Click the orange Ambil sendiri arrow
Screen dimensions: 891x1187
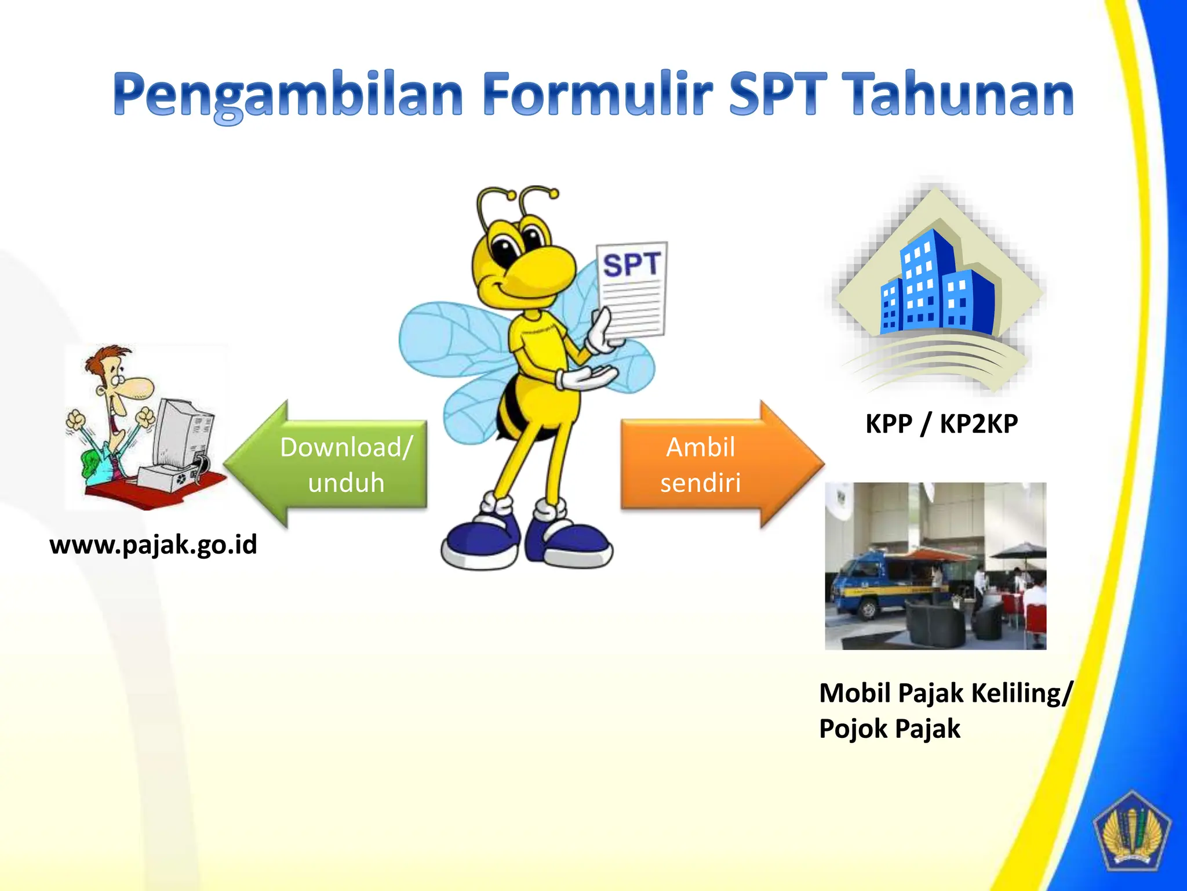point(713,465)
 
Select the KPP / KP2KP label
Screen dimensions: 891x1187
point(941,424)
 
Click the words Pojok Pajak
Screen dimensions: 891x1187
point(889,729)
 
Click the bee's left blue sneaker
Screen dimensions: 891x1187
point(481,539)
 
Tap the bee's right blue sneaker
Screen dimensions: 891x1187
point(571,539)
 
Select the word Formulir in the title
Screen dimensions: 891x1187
point(597,94)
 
